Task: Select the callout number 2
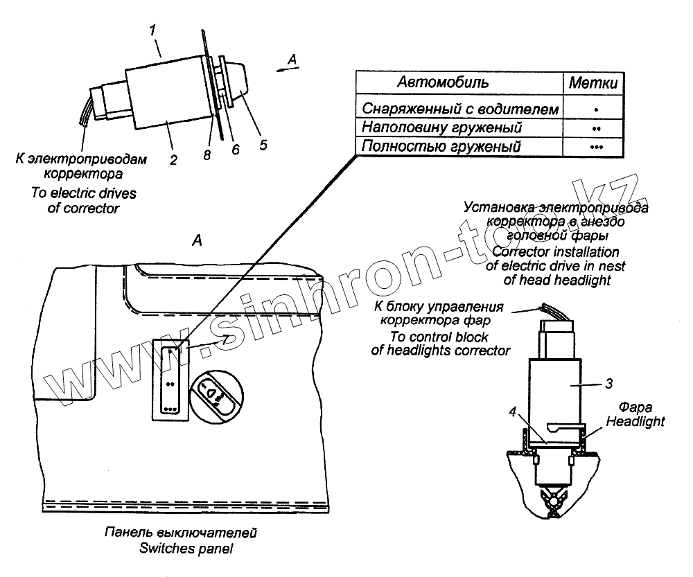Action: pos(173,160)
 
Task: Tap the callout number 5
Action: pos(263,145)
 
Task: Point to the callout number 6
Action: pos(236,149)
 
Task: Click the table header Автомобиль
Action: pos(443,82)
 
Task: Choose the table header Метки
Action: pos(593,83)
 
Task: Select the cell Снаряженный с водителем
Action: pos(459,109)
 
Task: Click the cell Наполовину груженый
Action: pos(442,128)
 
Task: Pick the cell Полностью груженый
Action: pos(441,147)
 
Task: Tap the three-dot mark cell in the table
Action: pos(596,148)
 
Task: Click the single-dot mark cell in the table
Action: pos(596,109)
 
